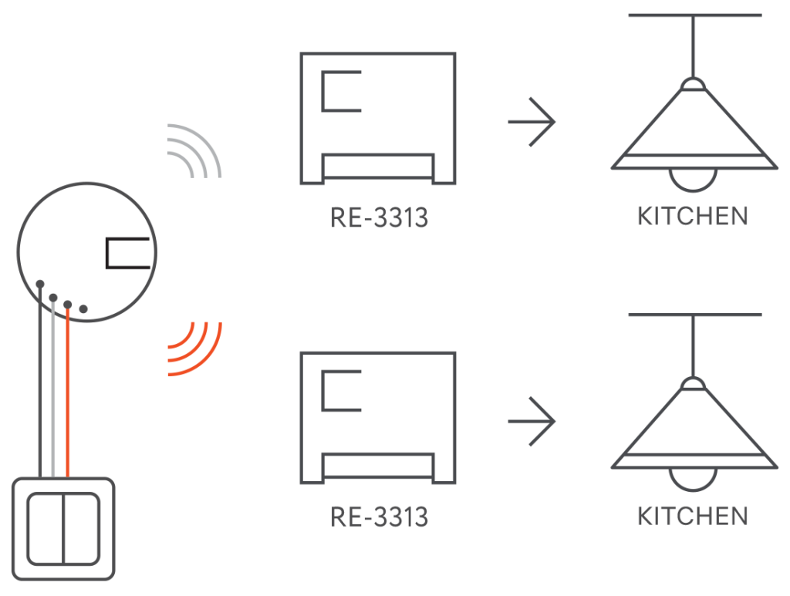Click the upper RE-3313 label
click(379, 218)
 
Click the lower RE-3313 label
click(379, 516)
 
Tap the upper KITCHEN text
click(692, 216)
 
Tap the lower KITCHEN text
click(692, 515)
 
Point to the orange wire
click(68, 393)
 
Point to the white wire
click(52, 393)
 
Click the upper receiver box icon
click(378, 117)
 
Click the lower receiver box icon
click(378, 417)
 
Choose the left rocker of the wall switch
click(46, 529)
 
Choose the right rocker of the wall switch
click(82, 529)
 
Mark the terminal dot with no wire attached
click(83, 308)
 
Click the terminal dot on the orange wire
click(68, 305)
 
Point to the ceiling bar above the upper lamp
click(695, 15)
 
